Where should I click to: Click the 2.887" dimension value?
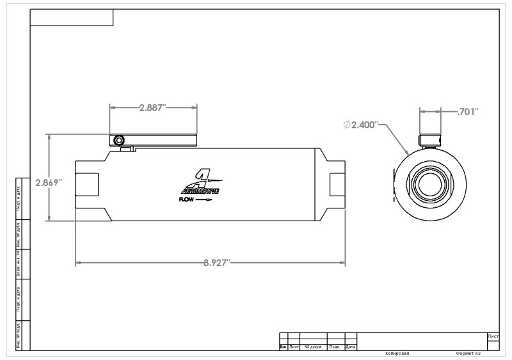click(153, 107)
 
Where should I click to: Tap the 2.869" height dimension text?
click(48, 182)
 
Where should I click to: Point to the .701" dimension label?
click(468, 112)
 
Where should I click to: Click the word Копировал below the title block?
click(397, 353)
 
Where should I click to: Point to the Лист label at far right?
click(493, 336)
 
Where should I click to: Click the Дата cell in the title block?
click(350, 347)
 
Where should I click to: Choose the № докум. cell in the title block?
click(314, 347)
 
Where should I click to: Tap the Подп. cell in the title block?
click(335, 347)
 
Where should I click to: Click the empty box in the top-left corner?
click(72, 18)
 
